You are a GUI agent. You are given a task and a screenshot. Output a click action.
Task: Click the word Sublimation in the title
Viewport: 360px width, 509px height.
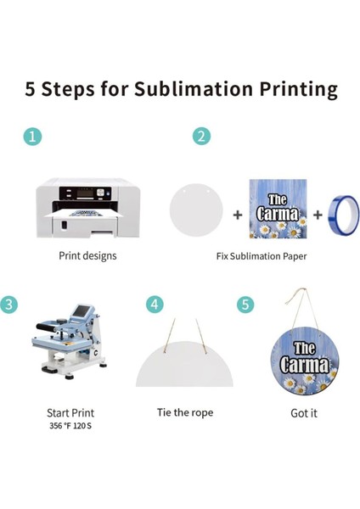point(194,88)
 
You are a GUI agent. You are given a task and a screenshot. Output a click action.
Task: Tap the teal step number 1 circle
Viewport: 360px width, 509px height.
point(32,137)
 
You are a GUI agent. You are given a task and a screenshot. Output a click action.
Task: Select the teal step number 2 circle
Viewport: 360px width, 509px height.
point(201,136)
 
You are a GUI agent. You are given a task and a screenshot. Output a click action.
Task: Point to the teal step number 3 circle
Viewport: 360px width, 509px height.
point(8,305)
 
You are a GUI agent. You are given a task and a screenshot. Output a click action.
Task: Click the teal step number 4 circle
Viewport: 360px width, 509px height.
point(155,305)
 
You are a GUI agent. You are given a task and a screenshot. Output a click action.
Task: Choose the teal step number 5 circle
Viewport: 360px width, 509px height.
point(245,305)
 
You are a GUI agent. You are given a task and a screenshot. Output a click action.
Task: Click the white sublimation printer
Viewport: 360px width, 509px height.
point(87,208)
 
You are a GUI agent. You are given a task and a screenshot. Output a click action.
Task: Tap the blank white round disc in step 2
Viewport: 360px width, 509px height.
point(196,210)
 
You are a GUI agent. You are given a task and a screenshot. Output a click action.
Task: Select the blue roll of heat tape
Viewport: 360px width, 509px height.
point(343,215)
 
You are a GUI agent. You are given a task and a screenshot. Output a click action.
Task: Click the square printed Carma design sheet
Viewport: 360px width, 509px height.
point(278,209)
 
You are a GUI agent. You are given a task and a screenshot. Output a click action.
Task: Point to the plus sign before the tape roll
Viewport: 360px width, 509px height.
point(318,215)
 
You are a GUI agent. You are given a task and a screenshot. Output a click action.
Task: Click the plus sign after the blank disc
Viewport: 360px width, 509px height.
point(238,215)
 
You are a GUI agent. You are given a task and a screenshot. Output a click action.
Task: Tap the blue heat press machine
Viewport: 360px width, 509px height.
point(70,341)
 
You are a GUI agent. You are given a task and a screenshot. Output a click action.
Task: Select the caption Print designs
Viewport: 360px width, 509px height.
point(87,256)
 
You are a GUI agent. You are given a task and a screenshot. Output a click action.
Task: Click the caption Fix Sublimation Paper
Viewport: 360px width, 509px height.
point(262,256)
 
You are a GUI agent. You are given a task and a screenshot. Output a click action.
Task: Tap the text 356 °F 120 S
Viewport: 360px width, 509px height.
point(70,426)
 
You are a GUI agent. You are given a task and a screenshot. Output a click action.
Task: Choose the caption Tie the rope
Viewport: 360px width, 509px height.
point(185,412)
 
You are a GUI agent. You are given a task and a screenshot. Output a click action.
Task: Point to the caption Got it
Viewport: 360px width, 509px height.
point(304,413)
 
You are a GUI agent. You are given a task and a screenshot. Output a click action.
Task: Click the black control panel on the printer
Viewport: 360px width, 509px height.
point(85,193)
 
